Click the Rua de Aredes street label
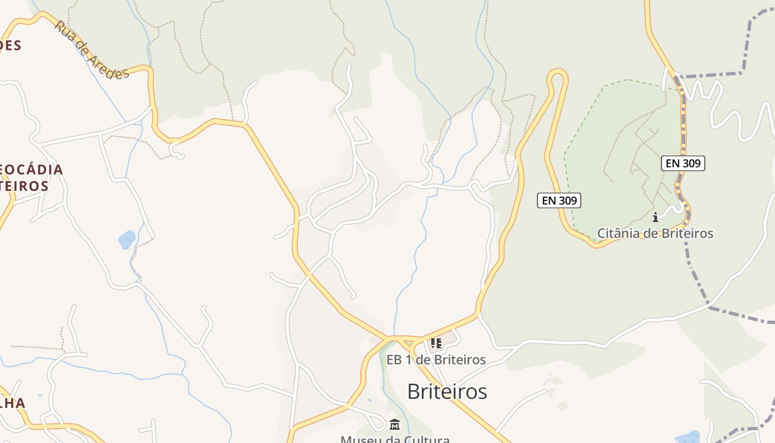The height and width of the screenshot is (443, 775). pyautogui.click(x=91, y=50)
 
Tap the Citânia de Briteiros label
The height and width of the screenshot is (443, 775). pyautogui.click(x=655, y=233)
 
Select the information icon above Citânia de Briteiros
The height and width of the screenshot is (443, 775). pyautogui.click(x=655, y=217)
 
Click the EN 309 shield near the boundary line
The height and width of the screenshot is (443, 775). pyautogui.click(x=683, y=163)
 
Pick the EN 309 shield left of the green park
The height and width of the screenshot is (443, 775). pyautogui.click(x=559, y=200)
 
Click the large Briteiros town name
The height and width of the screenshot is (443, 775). pyautogui.click(x=447, y=392)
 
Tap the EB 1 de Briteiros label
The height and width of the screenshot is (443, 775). pyautogui.click(x=436, y=360)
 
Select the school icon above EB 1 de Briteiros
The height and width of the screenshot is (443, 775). pyautogui.click(x=436, y=343)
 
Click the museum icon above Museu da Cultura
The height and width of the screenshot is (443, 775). pyautogui.click(x=395, y=425)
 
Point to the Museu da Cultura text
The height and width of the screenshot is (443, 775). pyautogui.click(x=395, y=439)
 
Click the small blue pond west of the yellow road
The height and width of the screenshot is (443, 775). pyautogui.click(x=127, y=240)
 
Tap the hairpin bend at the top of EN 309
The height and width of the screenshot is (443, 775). pyautogui.click(x=558, y=75)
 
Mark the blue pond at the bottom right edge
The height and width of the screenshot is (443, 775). pyautogui.click(x=687, y=437)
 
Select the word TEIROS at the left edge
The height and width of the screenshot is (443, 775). pyautogui.click(x=24, y=186)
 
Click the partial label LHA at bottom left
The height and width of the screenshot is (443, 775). pyautogui.click(x=12, y=403)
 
